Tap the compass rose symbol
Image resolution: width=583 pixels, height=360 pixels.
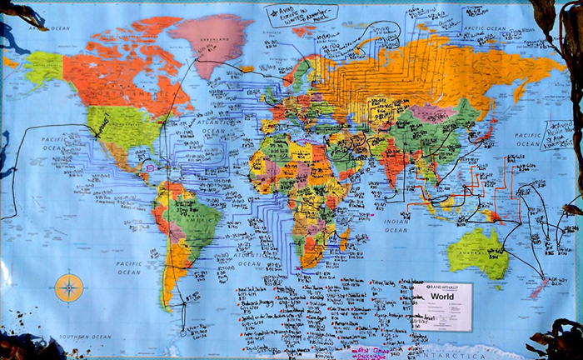tap(69, 287)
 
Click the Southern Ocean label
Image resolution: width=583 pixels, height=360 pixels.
tap(88, 337)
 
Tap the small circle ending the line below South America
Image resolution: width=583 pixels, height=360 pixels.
tap(183, 332)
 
